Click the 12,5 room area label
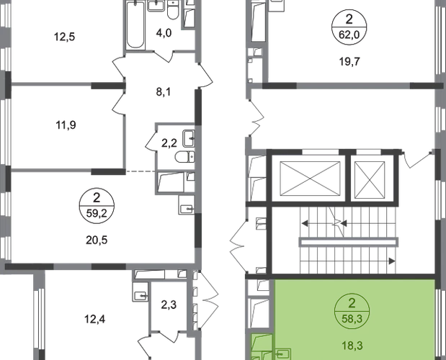point(65,37)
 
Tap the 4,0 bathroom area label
point(164,33)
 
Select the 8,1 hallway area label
point(164,92)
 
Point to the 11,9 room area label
point(66,125)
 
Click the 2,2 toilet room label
point(169,143)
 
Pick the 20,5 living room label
point(97,240)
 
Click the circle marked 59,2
point(97,205)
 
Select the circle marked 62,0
point(349,27)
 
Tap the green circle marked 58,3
point(352,311)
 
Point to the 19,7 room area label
point(349,61)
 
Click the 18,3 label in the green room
point(352,346)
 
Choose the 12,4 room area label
point(95,320)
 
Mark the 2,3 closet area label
point(169,305)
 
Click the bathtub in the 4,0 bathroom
point(135,25)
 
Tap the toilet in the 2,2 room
point(185,157)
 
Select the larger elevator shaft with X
point(310,179)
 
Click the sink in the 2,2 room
point(189,138)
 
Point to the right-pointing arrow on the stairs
point(392,261)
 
